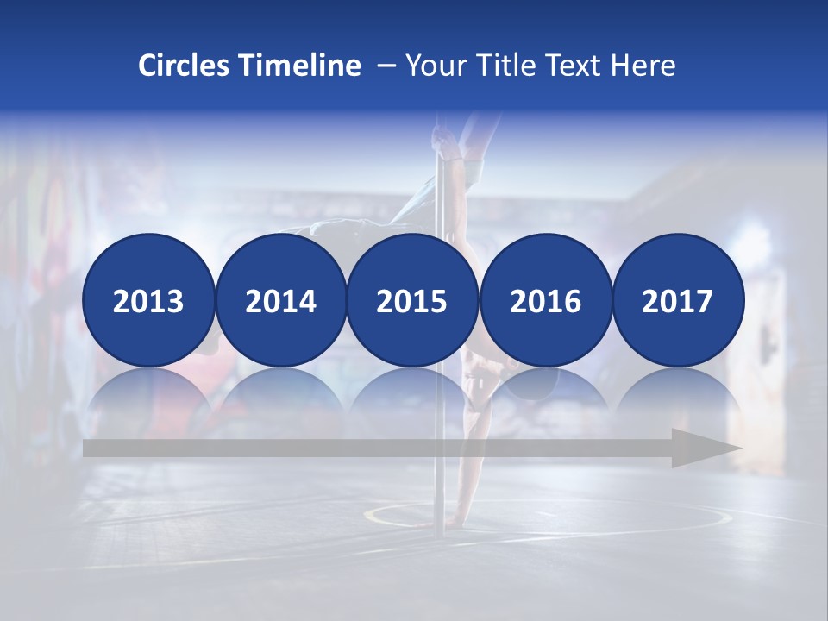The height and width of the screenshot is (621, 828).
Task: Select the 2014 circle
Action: pos(280,300)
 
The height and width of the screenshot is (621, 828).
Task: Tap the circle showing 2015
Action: pos(412,300)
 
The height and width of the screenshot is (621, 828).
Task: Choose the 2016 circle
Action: pos(545,300)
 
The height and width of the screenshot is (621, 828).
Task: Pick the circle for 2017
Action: pos(677,300)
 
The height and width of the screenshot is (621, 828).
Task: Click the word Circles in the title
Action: pos(184,66)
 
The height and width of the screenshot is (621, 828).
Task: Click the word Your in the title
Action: pos(434,66)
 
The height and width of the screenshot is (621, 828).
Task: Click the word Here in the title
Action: pos(643,66)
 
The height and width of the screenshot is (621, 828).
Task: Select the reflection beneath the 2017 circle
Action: pos(677,392)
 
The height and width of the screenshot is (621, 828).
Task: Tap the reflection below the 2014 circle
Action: pos(280,392)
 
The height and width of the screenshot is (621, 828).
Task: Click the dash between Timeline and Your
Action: pos(385,66)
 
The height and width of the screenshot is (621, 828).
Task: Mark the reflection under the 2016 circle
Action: pos(545,392)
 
